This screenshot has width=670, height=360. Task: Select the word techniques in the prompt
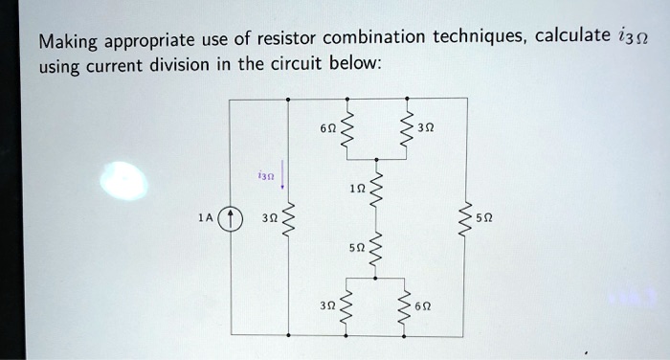(x=477, y=38)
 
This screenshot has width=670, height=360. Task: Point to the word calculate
(x=572, y=37)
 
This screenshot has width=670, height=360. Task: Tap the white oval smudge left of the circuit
(x=128, y=181)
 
